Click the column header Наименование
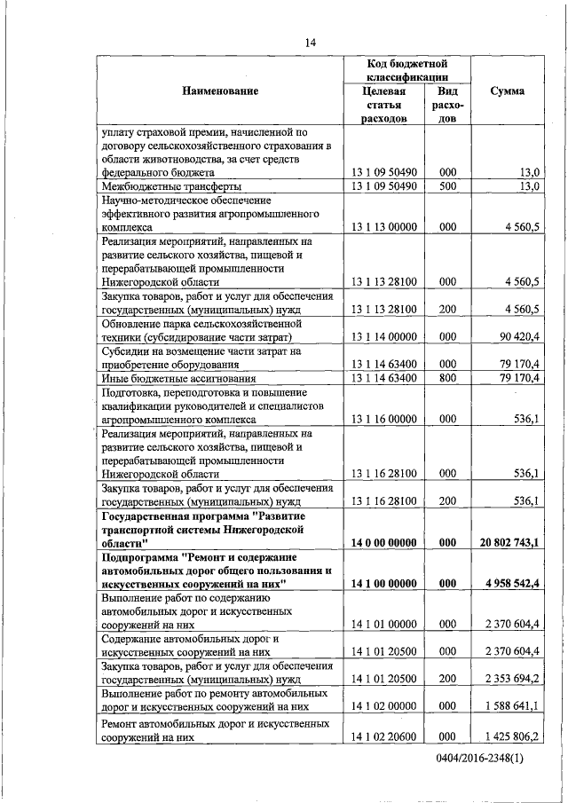click(220, 91)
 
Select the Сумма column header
click(507, 91)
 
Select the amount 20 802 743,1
click(510, 541)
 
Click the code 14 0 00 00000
click(384, 541)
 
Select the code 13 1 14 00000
click(384, 337)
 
